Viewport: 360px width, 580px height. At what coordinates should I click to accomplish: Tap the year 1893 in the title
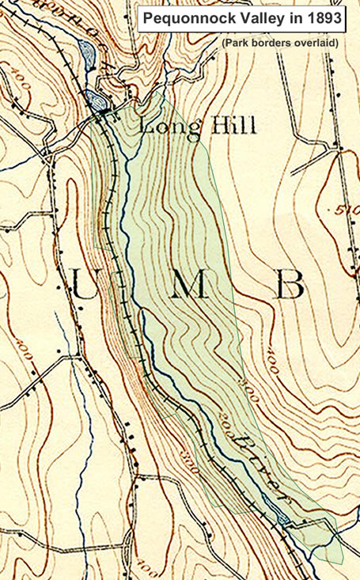[x=325, y=17]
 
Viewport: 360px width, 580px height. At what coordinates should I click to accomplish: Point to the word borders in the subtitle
[x=272, y=43]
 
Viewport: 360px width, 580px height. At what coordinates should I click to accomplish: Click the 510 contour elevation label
[x=347, y=213]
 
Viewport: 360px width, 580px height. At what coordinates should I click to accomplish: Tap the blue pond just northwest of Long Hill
[x=97, y=100]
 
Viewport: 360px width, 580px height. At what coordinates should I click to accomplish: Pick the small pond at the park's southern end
[x=284, y=519]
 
